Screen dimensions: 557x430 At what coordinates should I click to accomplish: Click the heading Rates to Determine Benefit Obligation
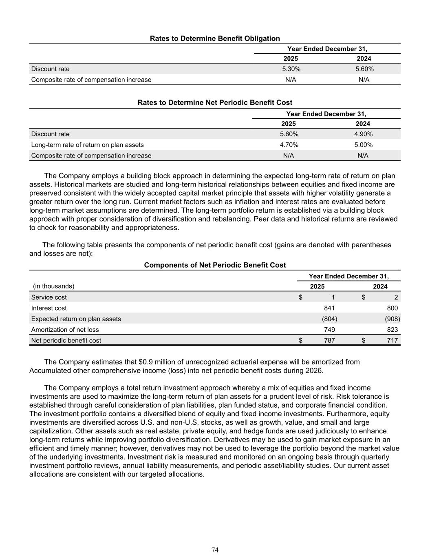215,38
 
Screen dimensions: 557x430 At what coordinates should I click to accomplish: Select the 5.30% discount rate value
291,69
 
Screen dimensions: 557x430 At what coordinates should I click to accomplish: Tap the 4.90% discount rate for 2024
363,134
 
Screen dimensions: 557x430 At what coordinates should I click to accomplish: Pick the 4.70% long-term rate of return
289,145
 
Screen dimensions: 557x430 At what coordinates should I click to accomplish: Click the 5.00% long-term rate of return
363,145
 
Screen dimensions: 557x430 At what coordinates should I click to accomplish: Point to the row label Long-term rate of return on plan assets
87,145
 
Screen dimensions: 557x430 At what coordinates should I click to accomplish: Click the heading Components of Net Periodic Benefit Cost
215,265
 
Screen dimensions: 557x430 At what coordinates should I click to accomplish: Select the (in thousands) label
54,286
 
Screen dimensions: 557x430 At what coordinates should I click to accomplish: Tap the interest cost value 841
329,308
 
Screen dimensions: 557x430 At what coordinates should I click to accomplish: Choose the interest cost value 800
392,308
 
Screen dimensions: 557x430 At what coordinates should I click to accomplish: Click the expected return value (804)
329,319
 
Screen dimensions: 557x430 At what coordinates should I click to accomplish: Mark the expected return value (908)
393,319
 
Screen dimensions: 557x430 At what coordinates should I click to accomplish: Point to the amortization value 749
329,330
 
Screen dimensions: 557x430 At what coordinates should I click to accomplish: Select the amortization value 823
392,330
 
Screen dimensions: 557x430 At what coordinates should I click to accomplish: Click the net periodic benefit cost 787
329,340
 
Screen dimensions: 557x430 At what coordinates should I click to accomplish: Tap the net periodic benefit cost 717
392,340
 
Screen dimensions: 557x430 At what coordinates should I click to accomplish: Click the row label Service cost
49,297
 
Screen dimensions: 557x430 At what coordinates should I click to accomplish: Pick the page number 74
215,550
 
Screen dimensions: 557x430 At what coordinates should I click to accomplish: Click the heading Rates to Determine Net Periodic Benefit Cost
215,103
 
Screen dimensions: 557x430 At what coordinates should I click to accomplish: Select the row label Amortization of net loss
65,330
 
